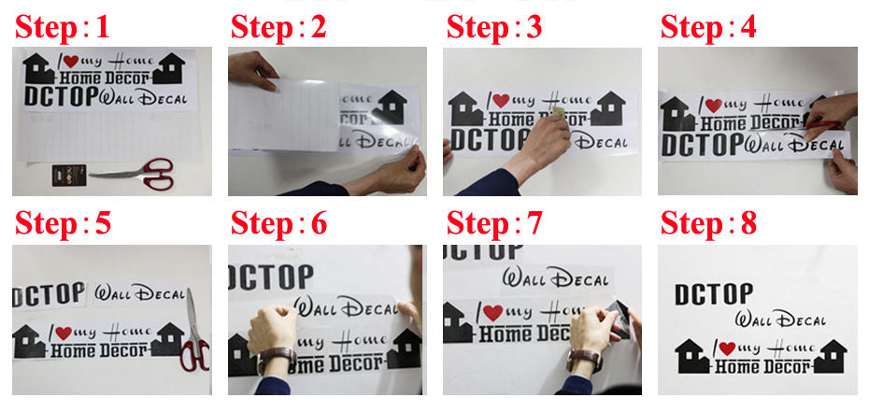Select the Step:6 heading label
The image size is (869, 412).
[278, 224]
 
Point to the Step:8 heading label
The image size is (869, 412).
[707, 224]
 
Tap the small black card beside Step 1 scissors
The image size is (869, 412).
[66, 173]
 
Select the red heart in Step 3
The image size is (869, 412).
[500, 101]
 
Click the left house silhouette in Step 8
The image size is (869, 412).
[691, 356]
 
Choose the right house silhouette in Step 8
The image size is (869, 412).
[829, 355]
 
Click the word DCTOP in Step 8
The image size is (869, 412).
[713, 294]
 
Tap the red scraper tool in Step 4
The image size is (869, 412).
[822, 124]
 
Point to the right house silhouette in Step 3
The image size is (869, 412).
[607, 108]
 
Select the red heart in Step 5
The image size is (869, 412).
[64, 333]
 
